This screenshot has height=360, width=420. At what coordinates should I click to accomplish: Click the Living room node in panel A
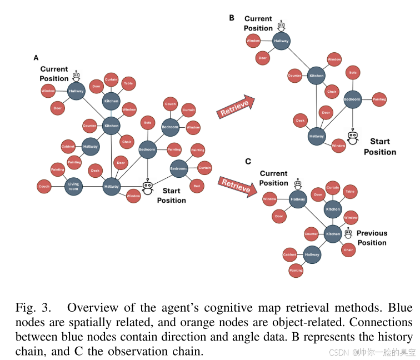click(73, 186)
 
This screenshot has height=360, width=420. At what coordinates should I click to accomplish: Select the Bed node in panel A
click(196, 187)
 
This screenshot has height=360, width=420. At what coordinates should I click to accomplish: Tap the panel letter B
click(232, 18)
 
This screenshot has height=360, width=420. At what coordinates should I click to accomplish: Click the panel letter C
click(248, 162)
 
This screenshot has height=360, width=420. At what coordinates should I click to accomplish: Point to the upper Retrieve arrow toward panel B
click(234, 107)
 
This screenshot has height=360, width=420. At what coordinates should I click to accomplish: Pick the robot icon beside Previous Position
click(348, 233)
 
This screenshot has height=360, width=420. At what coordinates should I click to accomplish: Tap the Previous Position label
click(372, 238)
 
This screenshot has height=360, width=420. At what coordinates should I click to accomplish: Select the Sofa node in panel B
click(352, 73)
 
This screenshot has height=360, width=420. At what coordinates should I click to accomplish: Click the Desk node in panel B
click(301, 120)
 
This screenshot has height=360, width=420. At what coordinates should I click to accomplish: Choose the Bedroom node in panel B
click(352, 100)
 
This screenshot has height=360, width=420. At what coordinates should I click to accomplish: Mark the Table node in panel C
click(350, 192)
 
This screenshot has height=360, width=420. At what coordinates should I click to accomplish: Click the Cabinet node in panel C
click(290, 255)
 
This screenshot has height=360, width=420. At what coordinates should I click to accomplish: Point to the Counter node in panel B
click(294, 76)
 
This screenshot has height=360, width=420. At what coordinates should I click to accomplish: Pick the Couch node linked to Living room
click(44, 186)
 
